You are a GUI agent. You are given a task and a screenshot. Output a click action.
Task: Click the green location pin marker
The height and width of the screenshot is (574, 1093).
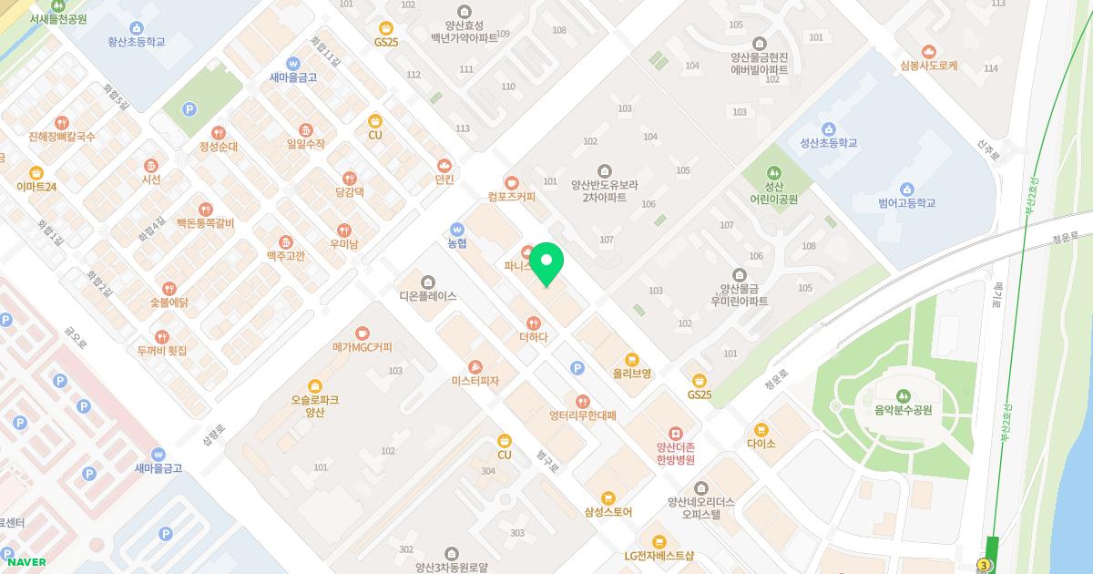[546, 264]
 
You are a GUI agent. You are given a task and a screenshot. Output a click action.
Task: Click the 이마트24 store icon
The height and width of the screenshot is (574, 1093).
[36, 172]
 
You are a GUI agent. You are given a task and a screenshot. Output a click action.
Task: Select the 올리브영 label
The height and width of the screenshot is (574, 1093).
[632, 374]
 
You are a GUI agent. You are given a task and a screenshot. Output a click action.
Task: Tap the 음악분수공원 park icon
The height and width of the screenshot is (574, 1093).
[903, 395]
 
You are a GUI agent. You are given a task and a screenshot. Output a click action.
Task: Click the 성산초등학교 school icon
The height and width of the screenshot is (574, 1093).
[829, 128]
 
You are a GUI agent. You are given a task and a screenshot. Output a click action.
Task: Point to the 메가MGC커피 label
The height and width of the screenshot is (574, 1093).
[363, 347]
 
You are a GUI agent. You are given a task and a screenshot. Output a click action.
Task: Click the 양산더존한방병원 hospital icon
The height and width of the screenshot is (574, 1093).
[675, 433]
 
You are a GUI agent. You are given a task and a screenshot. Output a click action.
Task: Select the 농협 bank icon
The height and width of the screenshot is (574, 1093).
[457, 229]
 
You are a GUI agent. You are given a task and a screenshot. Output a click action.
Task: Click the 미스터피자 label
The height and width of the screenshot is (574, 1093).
[475, 381]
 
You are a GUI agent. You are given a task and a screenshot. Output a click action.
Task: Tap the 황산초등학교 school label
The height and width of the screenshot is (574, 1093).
[137, 42]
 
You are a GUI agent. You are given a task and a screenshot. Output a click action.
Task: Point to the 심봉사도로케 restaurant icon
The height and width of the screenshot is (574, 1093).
[928, 51]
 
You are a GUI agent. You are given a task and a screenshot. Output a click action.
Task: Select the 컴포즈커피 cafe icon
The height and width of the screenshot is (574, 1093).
[511, 182]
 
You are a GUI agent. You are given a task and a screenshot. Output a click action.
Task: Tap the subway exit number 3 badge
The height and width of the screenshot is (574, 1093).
[984, 566]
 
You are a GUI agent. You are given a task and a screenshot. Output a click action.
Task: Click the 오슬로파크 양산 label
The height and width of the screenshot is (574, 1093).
[315, 405]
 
